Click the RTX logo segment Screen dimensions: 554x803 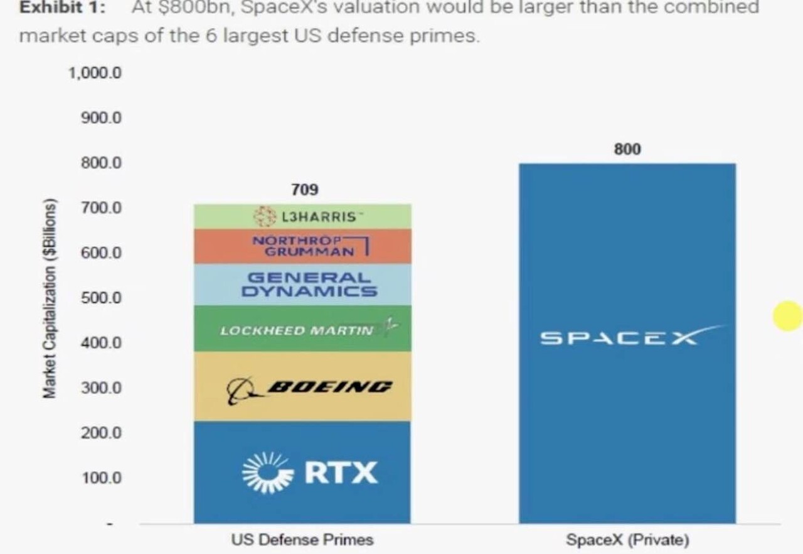coord(302,472)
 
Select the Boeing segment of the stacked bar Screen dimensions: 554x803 coord(302,386)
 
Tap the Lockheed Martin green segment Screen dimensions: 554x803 coord(302,329)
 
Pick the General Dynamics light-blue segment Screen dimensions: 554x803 coord(302,285)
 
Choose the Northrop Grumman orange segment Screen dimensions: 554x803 coord(302,246)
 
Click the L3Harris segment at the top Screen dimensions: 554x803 coord(302,217)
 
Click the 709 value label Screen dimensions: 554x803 coord(304,189)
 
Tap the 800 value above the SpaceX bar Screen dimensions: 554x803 coord(627,149)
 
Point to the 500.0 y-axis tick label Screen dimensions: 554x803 coord(100,297)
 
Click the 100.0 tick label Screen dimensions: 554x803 coord(100,478)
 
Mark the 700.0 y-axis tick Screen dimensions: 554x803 coord(100,207)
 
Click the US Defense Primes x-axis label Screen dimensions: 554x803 coord(302,540)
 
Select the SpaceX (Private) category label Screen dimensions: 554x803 coord(627,540)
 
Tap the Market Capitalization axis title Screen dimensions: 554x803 coord(50,298)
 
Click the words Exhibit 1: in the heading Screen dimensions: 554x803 coord(62,8)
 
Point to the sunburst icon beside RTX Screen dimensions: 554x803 coord(267,472)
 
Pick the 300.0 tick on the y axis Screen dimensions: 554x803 coord(100,388)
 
